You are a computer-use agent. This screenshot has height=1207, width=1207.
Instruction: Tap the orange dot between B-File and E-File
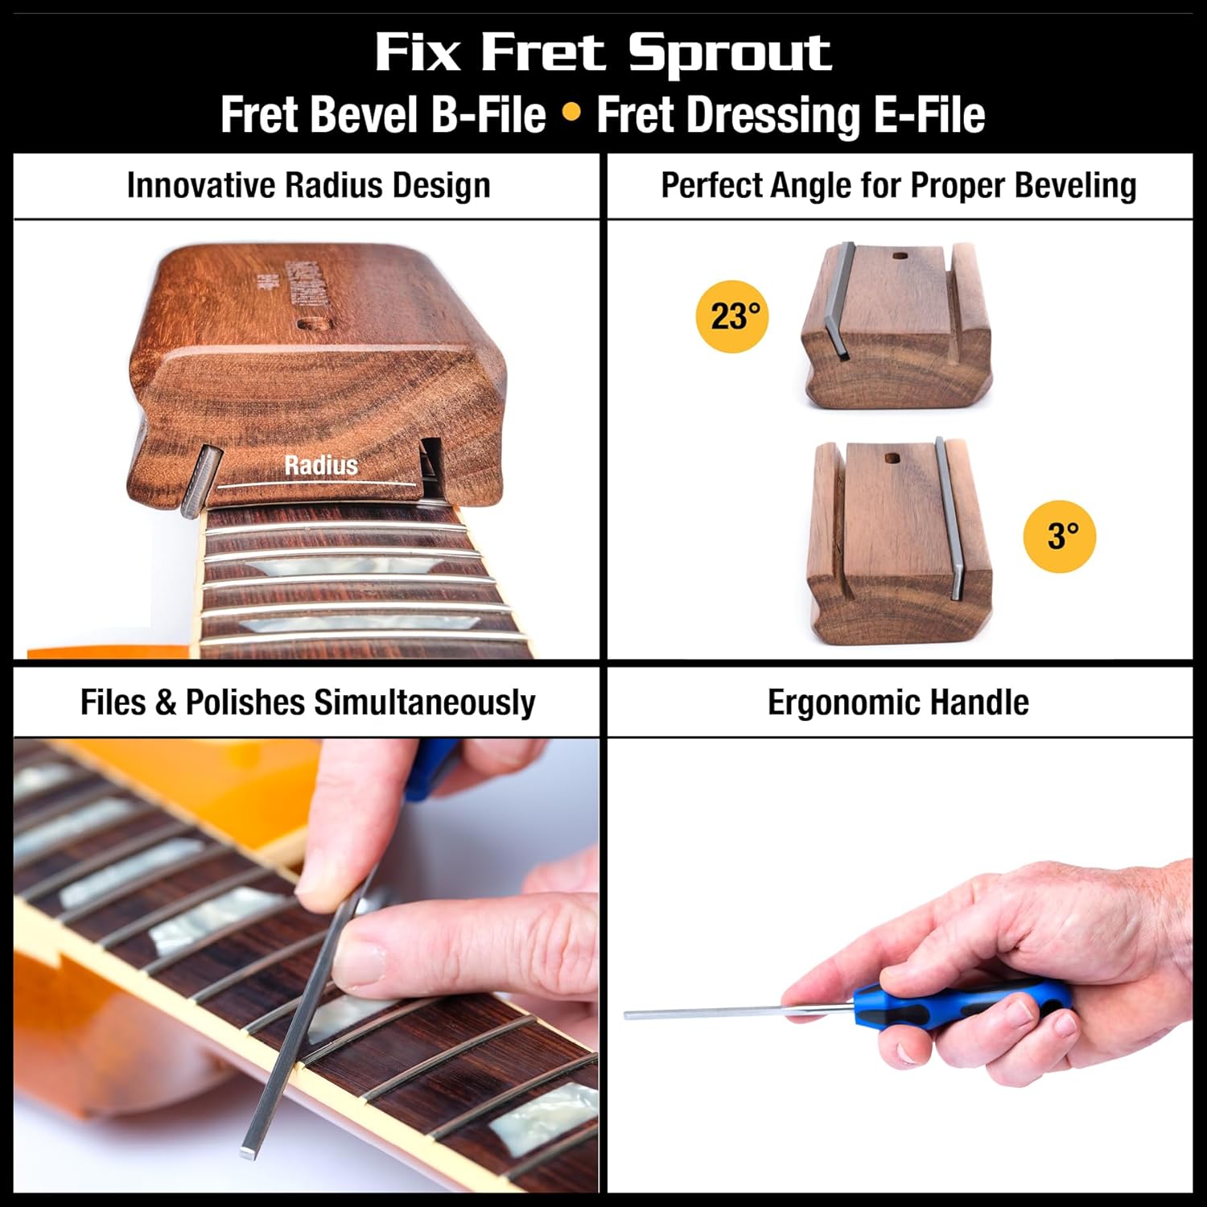571,113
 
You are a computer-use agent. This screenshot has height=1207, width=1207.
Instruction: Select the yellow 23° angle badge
731,316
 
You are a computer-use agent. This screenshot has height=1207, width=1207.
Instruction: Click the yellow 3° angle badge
1059,536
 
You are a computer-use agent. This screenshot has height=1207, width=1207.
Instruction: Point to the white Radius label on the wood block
320,465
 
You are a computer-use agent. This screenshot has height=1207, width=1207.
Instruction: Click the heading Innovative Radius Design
308,186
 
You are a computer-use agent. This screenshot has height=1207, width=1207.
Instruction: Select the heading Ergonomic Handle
898,702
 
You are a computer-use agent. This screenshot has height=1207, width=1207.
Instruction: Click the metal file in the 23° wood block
839,302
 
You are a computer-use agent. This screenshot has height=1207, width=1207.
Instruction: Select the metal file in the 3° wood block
948,519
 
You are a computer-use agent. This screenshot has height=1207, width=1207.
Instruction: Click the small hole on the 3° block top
892,459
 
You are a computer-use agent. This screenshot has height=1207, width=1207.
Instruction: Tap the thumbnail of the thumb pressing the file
359,957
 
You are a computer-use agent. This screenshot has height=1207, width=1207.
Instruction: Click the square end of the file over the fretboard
249,1153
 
